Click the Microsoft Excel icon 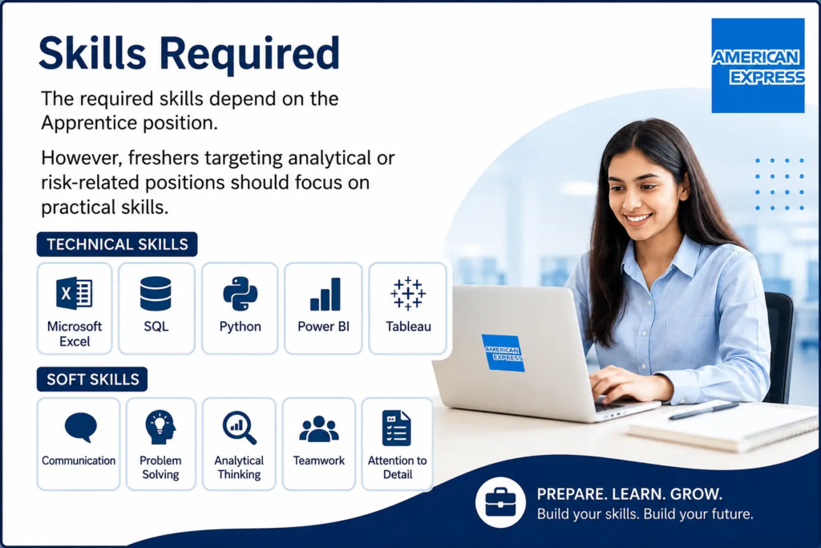pos(75,293)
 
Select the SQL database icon pos(156,294)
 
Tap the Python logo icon pos(240,294)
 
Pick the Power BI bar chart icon pos(326,294)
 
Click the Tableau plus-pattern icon pos(408,294)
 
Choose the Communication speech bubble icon pos(81,428)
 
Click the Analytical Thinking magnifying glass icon pos(239,428)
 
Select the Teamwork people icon pos(319,428)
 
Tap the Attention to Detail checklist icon pos(396,428)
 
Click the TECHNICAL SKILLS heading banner pos(117,244)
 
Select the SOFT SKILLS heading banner pos(92,379)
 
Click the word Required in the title pos(250,54)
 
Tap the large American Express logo pos(758,66)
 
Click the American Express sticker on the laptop pos(503,353)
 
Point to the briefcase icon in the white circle pos(500,502)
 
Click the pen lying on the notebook pos(704,410)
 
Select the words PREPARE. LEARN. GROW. pos(629,494)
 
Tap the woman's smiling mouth pos(638,218)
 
